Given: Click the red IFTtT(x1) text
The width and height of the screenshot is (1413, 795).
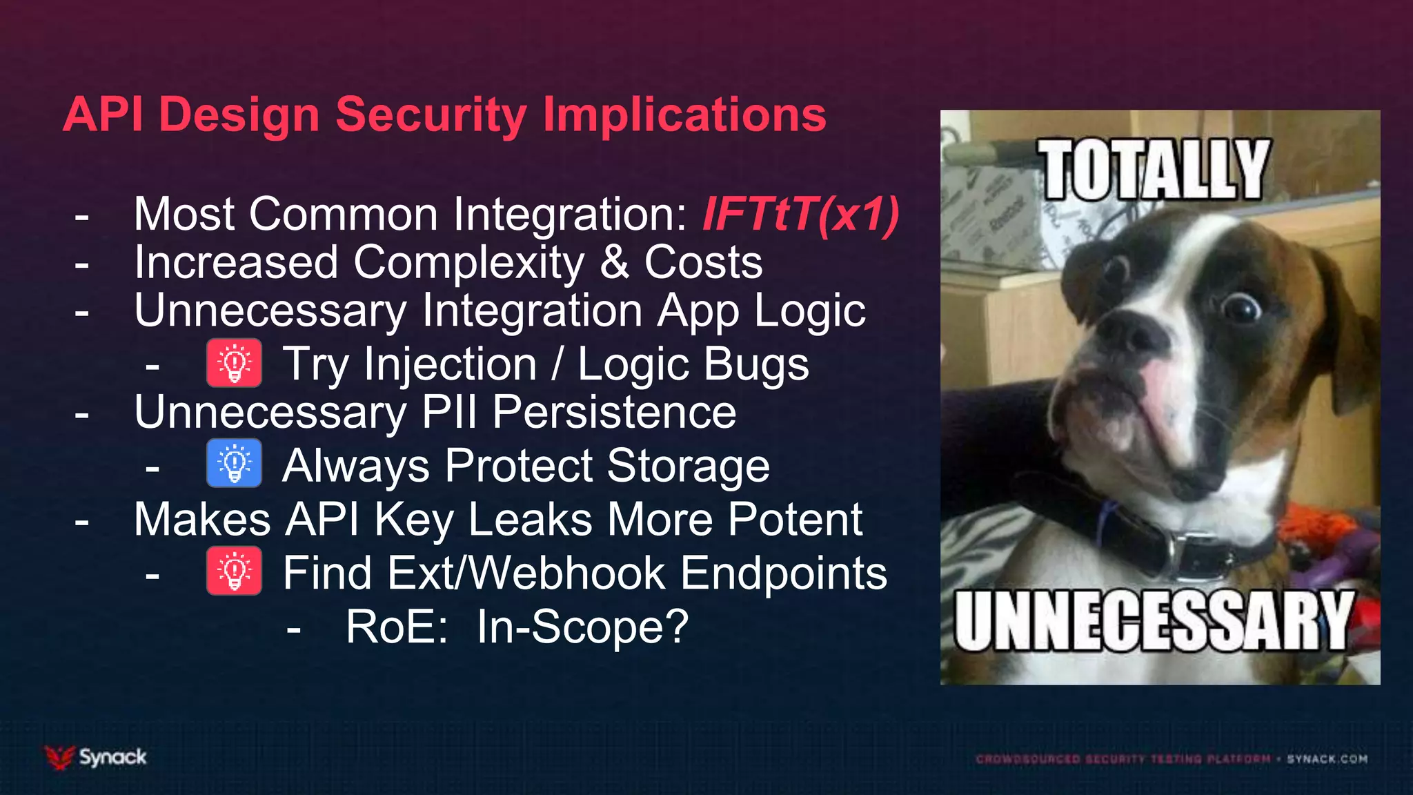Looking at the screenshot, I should point(800,214).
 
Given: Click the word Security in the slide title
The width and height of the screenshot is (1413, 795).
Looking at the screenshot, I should point(431,115).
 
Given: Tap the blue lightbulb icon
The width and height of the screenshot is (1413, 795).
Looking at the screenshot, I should point(234,463).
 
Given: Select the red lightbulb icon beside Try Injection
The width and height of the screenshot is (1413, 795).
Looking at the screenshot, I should point(234,362).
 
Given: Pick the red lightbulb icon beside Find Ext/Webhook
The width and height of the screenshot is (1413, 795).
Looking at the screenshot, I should point(234,571).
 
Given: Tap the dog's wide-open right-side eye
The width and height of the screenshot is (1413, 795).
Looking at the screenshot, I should point(1240,306).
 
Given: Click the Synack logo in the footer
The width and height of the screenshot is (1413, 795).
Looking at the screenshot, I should point(96,757).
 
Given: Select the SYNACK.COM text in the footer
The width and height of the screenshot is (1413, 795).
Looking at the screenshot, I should point(1327,759).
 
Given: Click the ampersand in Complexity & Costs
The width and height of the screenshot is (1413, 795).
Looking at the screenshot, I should point(614,263).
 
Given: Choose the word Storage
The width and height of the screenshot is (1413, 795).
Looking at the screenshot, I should point(688,466).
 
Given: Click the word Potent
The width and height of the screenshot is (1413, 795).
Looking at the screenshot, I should point(795,519).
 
